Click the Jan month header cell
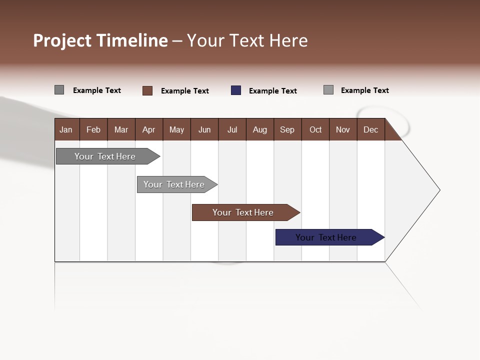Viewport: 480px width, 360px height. [x=66, y=129]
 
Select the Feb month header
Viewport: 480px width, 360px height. [x=93, y=129]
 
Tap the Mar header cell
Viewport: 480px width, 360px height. [x=121, y=129]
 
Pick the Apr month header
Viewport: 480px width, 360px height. [x=149, y=129]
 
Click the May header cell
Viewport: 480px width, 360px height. [x=176, y=129]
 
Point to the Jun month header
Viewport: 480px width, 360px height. [x=204, y=129]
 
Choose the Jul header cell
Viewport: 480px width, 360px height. [x=232, y=129]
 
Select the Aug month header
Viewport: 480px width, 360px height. [x=260, y=129]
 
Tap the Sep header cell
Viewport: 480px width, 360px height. [x=287, y=129]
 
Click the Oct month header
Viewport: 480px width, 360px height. [x=315, y=129]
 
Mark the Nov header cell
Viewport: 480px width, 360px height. [x=343, y=129]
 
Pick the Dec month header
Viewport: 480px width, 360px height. [x=371, y=129]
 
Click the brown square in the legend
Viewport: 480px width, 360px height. [x=147, y=90]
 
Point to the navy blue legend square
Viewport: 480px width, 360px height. [x=236, y=90]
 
